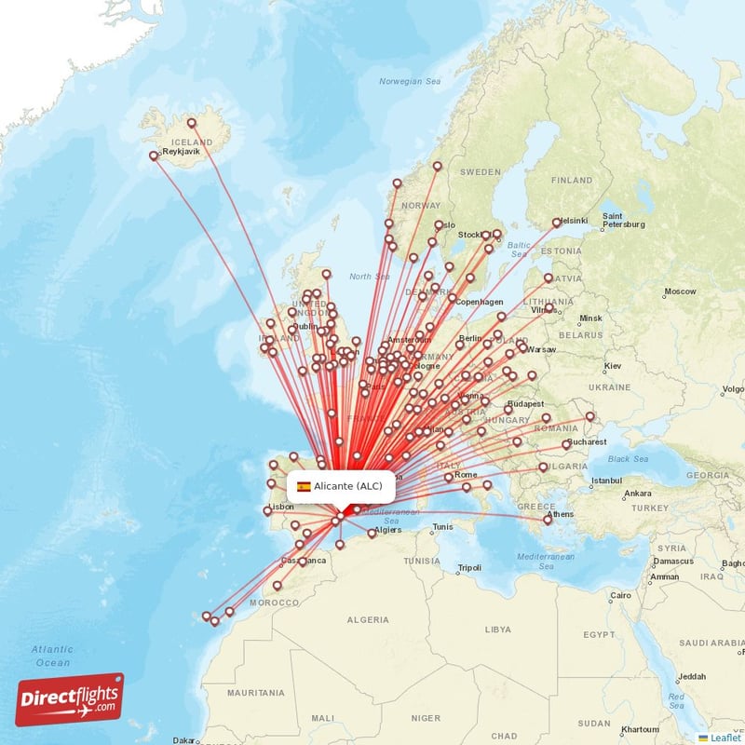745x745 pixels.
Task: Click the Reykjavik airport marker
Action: [155, 156]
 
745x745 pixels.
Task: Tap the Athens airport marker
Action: [549, 520]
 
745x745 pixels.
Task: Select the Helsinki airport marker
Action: [557, 222]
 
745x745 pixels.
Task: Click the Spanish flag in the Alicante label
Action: [304, 486]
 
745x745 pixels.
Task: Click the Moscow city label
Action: [680, 291]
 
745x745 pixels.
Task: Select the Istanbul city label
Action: [605, 481]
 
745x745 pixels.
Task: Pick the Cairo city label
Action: [620, 595]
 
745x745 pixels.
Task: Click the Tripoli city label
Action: [469, 568]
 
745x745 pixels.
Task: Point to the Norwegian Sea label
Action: [410, 82]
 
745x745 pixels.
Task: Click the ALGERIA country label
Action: [368, 619]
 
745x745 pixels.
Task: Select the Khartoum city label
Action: [640, 729]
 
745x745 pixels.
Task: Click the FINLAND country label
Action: [571, 180]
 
